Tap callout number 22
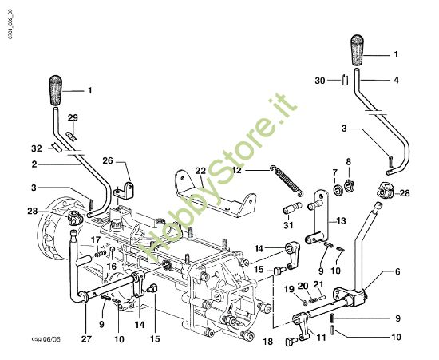coord(200,172)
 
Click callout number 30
coord(318,81)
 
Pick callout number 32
coord(37,148)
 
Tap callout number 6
coord(396,271)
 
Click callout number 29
coord(73,118)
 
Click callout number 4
coord(396,80)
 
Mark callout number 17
coord(94,239)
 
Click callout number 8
coord(347,162)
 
